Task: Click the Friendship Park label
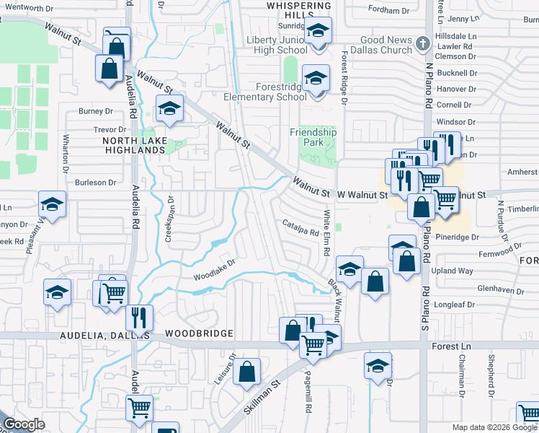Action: click(x=313, y=137)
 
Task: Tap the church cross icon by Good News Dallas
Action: click(x=423, y=45)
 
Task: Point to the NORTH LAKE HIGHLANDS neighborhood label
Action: click(x=135, y=145)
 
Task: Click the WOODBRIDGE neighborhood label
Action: click(x=199, y=333)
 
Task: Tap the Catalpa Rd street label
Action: click(x=300, y=227)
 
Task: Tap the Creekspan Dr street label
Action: click(x=171, y=221)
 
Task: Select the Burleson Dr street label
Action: click(x=91, y=183)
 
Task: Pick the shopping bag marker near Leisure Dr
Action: click(x=246, y=372)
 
